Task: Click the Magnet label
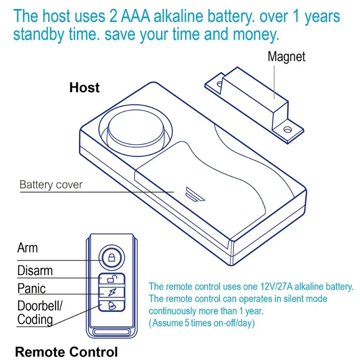pyautogui.click(x=286, y=57)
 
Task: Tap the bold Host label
pyautogui.click(x=85, y=87)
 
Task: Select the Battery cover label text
pyautogui.click(x=51, y=184)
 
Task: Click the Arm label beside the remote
pyautogui.click(x=27, y=247)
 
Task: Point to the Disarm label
pyautogui.click(x=35, y=271)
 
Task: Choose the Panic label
pyautogui.click(x=31, y=288)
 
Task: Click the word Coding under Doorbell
pyautogui.click(x=35, y=319)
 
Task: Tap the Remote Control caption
pyautogui.click(x=66, y=351)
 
